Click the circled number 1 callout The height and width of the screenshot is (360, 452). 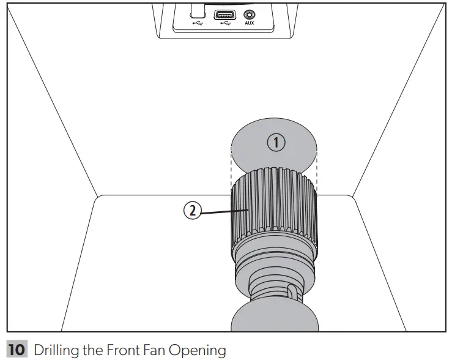coord(276,143)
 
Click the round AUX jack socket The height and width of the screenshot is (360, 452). coord(250,13)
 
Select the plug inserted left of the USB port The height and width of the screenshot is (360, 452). coord(196,9)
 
